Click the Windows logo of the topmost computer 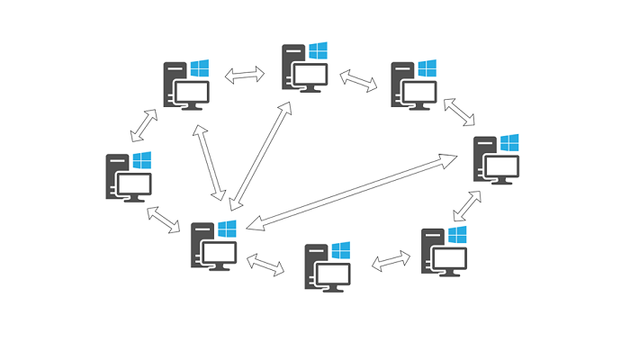click(318, 50)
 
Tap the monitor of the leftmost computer click(131, 184)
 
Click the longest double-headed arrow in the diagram click(352, 192)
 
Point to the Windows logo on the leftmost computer click(142, 160)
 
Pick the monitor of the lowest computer click(330, 274)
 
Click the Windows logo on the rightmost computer click(509, 143)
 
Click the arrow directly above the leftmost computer click(144, 125)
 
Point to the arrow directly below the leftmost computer click(163, 219)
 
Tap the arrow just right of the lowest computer click(391, 261)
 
